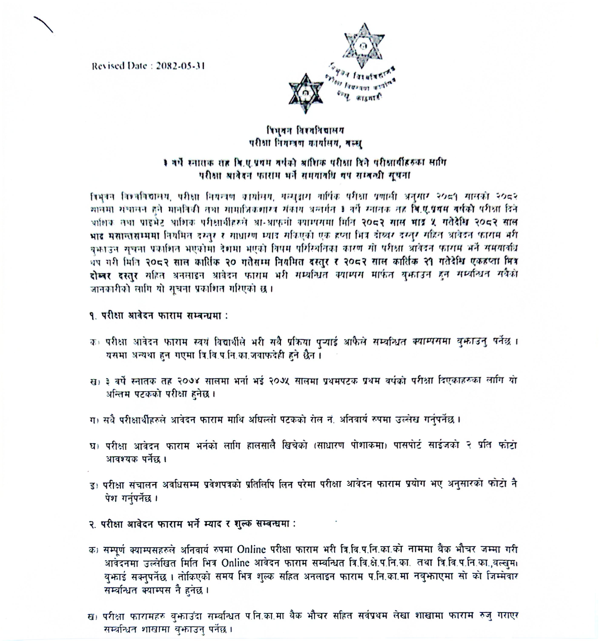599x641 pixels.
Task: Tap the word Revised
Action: tap(106, 66)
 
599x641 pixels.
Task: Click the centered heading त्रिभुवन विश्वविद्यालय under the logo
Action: tap(305, 131)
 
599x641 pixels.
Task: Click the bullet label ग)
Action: tap(93, 420)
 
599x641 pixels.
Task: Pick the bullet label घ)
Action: tap(93, 446)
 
